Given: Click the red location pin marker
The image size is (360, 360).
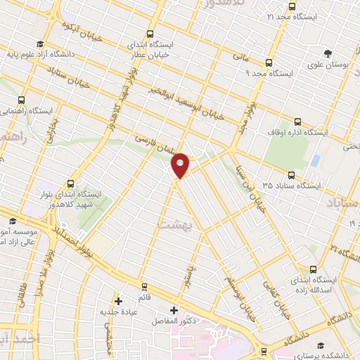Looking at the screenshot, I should pos(181,165).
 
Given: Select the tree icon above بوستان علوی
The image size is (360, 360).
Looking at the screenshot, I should pos(328,53).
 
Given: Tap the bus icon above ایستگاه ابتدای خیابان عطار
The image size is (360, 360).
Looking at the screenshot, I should pos(150,33).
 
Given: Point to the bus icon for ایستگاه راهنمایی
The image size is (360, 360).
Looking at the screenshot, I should pos(21,100).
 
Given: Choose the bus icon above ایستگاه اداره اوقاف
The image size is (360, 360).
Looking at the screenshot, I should pos(298,120).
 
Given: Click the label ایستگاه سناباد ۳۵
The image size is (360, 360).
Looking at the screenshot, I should pos(288,186).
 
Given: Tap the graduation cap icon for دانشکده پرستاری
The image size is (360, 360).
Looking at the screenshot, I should pos(321,346).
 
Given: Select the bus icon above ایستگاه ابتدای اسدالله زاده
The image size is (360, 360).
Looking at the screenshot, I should pos(313,269).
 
